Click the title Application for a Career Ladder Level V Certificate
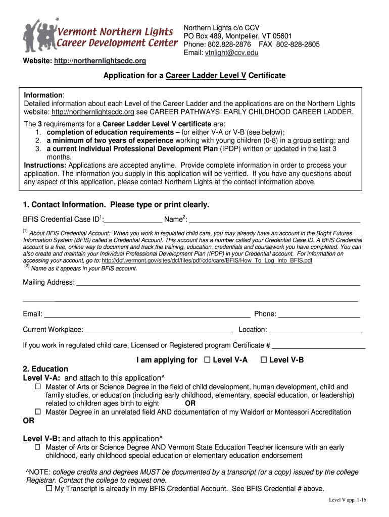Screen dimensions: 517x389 pos(194,76)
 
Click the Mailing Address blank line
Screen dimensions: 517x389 pos(218,283)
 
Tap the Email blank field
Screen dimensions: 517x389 pos(147,314)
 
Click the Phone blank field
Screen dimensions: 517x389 pos(319,314)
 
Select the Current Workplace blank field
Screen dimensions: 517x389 pos(159,330)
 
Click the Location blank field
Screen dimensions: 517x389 pos(315,330)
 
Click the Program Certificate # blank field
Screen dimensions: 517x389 pos(318,346)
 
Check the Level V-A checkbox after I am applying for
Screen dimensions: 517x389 pos(207,360)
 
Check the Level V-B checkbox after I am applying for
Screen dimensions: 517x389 pos(263,360)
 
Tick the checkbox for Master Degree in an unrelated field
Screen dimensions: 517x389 pos(38,412)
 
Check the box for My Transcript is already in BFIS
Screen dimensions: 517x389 pos(49,489)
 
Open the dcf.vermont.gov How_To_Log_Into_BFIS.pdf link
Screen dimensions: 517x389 pos(207,261)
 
